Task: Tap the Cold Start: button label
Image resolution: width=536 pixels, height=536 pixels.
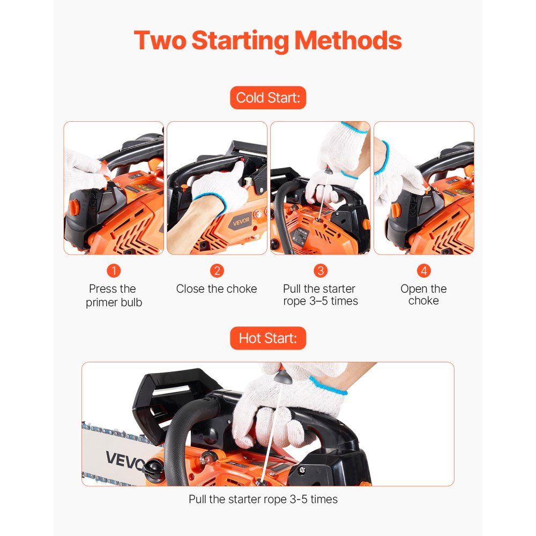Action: (x=268, y=98)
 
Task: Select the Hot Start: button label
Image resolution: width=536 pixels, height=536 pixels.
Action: (x=268, y=338)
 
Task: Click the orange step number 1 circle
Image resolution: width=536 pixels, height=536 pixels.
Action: (x=114, y=270)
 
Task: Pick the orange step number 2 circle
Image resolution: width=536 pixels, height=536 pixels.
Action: (x=217, y=270)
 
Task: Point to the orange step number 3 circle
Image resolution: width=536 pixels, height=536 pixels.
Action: (x=320, y=270)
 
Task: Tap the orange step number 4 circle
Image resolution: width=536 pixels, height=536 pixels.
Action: (x=423, y=270)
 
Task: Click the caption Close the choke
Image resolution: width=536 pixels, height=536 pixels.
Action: (x=217, y=289)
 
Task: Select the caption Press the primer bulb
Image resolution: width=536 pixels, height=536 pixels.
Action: (x=114, y=295)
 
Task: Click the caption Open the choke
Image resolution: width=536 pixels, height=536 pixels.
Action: (x=423, y=295)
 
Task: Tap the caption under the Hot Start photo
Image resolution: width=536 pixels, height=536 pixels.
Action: (x=263, y=499)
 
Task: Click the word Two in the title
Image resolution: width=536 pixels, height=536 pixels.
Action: (x=159, y=40)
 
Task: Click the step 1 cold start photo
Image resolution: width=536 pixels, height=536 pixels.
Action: (x=114, y=188)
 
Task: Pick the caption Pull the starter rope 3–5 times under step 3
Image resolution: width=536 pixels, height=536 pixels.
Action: (x=320, y=295)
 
